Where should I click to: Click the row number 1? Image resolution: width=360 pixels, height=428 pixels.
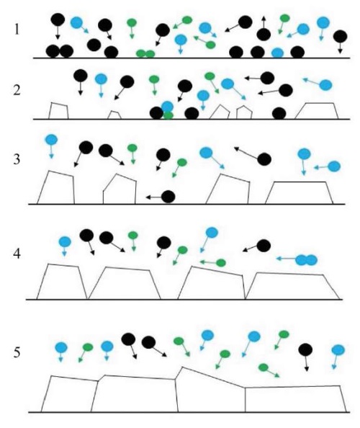17,30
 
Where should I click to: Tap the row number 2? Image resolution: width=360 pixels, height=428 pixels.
17,90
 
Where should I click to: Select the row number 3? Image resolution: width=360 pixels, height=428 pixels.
17,159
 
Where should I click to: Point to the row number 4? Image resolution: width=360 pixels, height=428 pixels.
17,254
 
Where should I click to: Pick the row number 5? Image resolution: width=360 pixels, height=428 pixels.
17,352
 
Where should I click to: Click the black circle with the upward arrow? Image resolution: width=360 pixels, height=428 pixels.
264,35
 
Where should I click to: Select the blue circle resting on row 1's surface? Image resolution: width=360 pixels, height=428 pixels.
278,53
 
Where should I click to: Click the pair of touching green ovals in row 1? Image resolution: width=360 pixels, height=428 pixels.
145,54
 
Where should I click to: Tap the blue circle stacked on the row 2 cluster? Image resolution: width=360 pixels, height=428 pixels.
167,107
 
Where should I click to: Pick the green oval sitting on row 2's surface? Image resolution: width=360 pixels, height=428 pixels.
168,115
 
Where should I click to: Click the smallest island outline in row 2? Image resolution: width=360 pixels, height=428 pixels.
114,115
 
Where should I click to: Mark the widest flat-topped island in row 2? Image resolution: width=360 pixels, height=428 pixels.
317,111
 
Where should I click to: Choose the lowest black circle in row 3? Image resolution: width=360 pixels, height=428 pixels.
168,197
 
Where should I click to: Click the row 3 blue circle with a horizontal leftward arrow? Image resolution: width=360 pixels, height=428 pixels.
334,166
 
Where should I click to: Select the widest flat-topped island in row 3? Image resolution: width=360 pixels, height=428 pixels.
300,192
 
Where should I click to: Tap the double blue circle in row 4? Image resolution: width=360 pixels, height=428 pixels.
307,260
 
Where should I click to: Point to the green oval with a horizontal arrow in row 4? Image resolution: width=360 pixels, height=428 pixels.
221,263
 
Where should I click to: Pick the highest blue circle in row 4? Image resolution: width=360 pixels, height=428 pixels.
212,233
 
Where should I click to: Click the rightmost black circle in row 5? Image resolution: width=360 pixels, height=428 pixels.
305,349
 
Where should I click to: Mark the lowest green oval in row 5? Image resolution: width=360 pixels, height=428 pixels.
264,367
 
